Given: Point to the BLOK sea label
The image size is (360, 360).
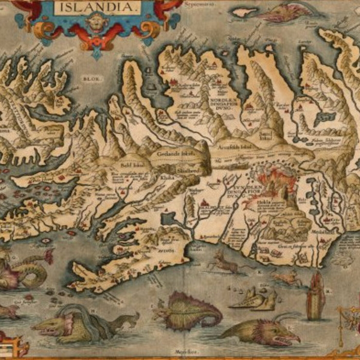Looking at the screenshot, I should click(x=91, y=79).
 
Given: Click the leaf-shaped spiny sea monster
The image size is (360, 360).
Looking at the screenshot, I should click(x=189, y=311).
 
